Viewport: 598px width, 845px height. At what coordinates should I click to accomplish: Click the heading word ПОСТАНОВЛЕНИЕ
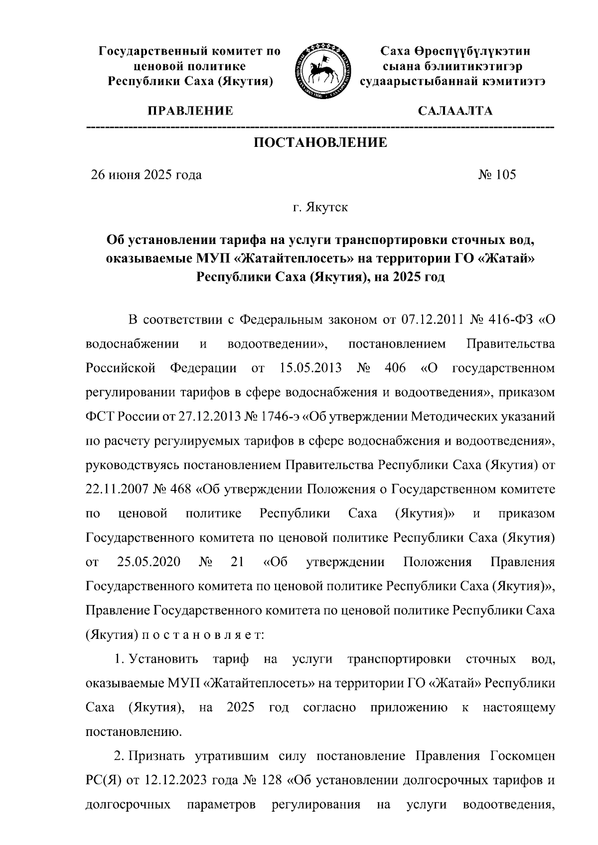320,143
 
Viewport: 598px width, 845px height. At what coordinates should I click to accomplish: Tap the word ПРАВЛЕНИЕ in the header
189,111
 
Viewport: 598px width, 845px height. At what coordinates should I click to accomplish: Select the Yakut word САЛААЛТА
455,111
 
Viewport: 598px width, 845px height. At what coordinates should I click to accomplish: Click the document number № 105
497,175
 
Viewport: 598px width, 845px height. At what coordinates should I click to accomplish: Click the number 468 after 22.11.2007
180,489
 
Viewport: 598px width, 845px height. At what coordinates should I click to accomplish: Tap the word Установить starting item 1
164,660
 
